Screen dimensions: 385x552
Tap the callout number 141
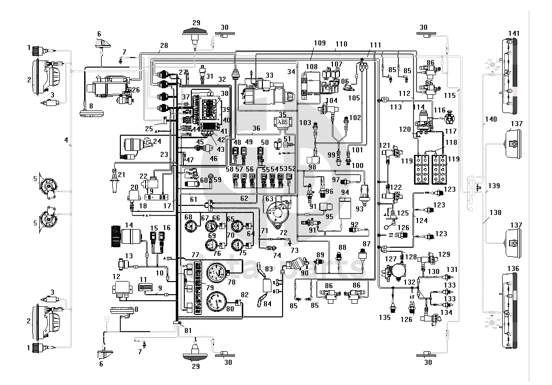tap(513, 33)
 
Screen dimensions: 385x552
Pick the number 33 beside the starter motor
tap(269, 75)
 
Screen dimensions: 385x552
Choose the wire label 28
tap(164, 46)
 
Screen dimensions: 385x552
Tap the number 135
tap(385, 318)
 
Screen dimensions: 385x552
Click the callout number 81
tap(187, 331)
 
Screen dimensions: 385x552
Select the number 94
tap(346, 192)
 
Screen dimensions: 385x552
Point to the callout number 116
tap(440, 109)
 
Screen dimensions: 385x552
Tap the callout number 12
tap(116, 277)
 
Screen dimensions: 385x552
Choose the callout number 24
tap(157, 141)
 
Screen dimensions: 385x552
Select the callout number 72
tap(284, 233)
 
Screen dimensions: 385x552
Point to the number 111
tap(375, 45)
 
